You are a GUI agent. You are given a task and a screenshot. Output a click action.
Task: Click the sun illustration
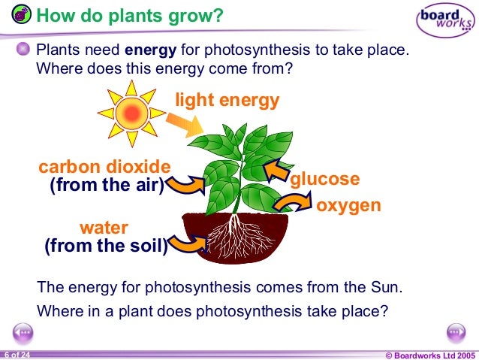[x=131, y=113]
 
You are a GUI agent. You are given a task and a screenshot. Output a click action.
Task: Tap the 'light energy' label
[x=227, y=101]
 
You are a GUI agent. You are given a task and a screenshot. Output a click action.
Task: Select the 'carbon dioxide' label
[x=104, y=166]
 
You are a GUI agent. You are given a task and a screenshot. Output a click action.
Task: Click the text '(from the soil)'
[x=106, y=246]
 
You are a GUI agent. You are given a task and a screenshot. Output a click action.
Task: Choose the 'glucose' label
[x=325, y=180]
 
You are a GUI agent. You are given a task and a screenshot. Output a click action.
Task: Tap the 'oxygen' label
[x=348, y=205]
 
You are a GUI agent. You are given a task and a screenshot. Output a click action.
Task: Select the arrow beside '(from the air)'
[x=185, y=183]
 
